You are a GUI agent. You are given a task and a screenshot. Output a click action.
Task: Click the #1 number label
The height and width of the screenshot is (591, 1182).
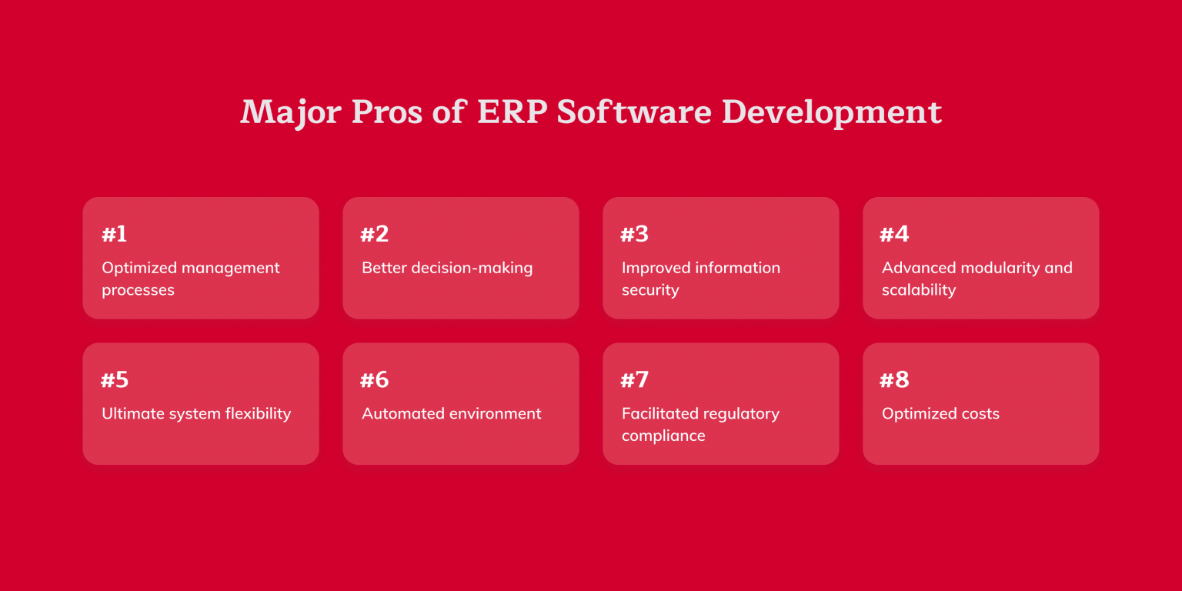pos(114,234)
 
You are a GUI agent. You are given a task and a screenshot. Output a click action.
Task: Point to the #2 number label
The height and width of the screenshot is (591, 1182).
pos(375,234)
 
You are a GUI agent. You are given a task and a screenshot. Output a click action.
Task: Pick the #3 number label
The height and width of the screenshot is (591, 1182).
pos(635,234)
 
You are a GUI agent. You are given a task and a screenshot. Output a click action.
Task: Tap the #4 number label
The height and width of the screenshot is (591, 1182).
pos(894,234)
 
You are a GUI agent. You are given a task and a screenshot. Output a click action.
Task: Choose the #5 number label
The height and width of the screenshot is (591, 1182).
pos(115,380)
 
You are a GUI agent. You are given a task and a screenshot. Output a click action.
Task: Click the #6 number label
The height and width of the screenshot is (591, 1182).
pos(375,380)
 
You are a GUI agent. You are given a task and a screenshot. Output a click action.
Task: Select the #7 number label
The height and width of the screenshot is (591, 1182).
pos(635,380)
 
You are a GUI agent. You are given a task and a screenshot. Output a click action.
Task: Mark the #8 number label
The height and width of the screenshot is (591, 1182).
pos(894,380)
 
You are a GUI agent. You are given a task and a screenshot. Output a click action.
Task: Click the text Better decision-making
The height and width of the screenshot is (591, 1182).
pos(447,268)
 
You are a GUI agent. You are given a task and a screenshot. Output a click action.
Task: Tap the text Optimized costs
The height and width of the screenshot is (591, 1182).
pos(940,414)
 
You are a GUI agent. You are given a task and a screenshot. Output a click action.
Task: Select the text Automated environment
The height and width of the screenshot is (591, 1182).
pos(452,414)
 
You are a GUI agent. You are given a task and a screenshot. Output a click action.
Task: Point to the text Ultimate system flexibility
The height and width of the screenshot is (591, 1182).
pos(196,414)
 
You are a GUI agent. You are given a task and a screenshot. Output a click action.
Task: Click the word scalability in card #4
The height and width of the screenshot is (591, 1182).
pos(919,290)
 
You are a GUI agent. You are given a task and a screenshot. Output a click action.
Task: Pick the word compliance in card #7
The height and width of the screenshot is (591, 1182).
pos(663,436)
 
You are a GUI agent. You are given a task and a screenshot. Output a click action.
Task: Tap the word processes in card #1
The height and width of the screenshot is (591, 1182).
pos(139,290)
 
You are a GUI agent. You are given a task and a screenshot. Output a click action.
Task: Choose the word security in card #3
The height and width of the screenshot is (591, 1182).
pos(650,290)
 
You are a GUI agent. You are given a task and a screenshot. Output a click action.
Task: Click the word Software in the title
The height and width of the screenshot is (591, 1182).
pos(635,112)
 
